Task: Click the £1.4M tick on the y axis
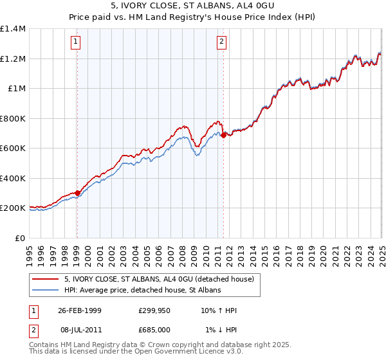point(13,29)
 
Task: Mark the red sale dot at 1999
point(77,193)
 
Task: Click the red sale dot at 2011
point(223,135)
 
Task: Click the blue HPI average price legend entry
point(142,290)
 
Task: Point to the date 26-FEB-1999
point(80,310)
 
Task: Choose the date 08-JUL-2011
point(80,330)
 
